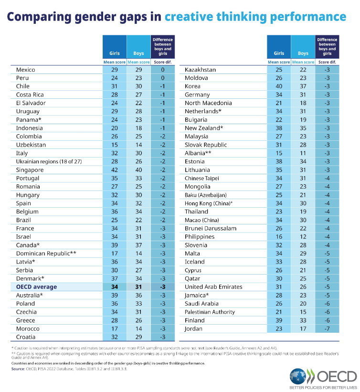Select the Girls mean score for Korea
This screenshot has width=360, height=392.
(278, 86)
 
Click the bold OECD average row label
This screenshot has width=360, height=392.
(36, 286)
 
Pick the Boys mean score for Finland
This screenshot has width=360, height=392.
(303, 320)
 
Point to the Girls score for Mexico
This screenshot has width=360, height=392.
(114, 70)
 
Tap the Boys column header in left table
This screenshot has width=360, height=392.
(138, 53)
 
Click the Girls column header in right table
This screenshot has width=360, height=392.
(278, 53)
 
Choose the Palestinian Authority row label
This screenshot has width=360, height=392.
(210, 312)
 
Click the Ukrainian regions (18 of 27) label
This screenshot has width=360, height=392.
(49, 161)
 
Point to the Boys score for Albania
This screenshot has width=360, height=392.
(303, 153)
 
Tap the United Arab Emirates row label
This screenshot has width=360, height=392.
(213, 286)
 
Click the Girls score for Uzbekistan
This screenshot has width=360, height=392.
(114, 145)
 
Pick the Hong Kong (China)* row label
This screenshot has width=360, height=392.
(209, 203)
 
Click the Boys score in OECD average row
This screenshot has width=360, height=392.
(138, 286)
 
